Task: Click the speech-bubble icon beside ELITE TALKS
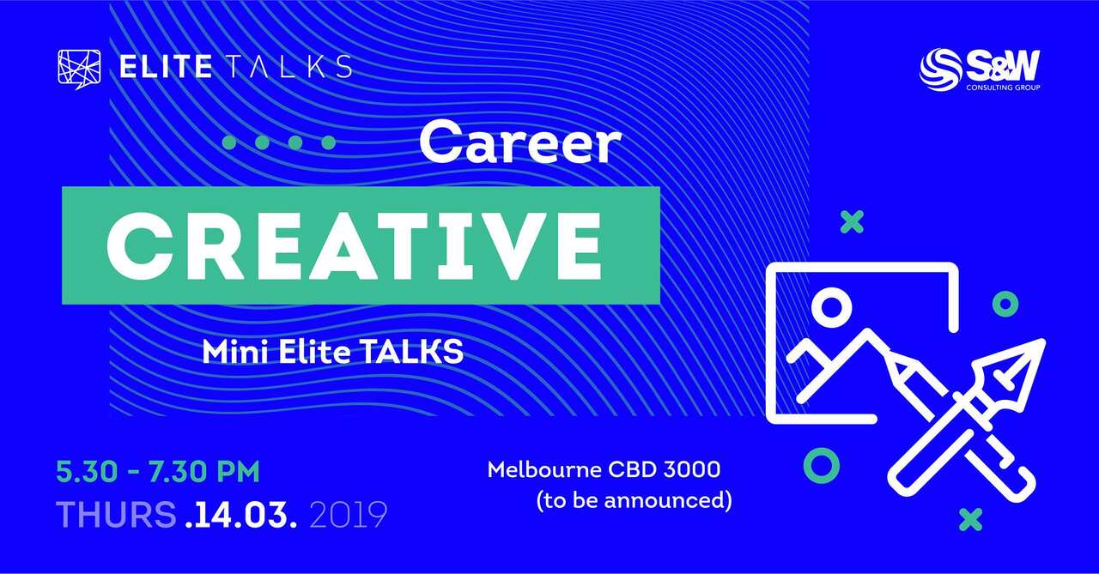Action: [78, 67]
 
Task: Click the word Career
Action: [520, 143]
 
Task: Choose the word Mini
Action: [228, 352]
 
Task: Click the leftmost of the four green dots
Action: [229, 142]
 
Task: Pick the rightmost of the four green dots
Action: [326, 142]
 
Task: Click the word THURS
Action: [116, 514]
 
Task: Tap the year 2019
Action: [347, 514]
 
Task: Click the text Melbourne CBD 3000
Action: [604, 470]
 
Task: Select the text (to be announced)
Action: [634, 499]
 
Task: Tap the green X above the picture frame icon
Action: [851, 223]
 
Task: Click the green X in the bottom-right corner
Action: [970, 518]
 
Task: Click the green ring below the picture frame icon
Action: [821, 466]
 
